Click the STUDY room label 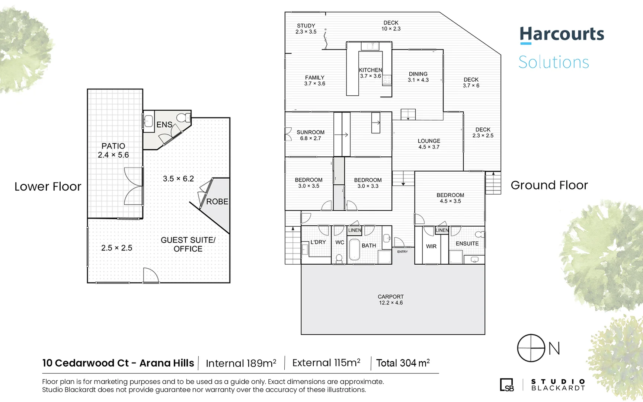point(306,29)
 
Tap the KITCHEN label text point(370,70)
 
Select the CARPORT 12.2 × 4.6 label point(390,300)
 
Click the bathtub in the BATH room point(354,249)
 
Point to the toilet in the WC point(339,258)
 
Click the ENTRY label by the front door point(402,252)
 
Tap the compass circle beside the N point(531,348)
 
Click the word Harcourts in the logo point(562,34)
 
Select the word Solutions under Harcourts point(553,62)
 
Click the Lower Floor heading point(48,186)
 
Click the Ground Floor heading point(549,185)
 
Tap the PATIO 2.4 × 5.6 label point(113,150)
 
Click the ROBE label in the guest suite point(217,201)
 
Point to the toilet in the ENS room point(183,118)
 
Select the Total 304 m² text point(403,363)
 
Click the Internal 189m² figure point(241,363)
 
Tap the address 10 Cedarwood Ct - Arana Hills point(118,363)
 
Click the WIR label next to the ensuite point(431,246)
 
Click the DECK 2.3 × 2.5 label point(483,133)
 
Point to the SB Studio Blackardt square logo point(506,385)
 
